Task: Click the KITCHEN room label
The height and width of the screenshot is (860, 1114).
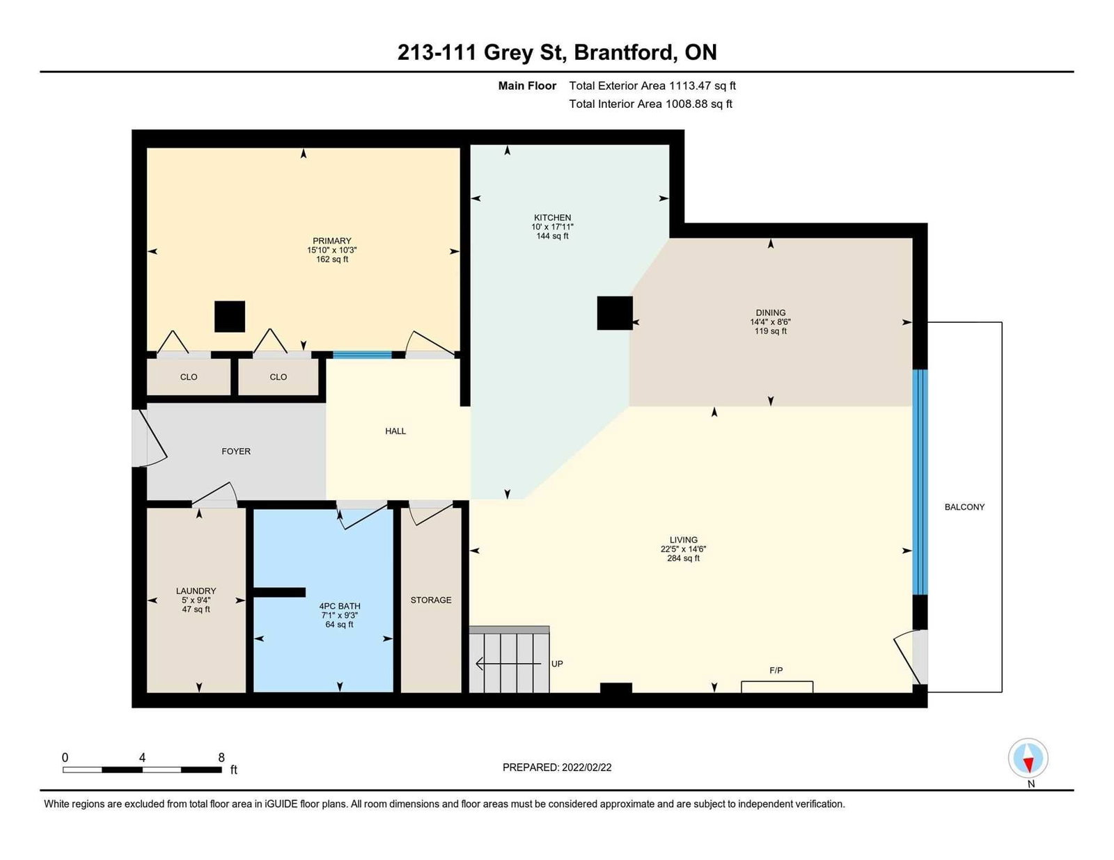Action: tap(552, 217)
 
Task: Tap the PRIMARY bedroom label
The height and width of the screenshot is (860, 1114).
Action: tap(331, 241)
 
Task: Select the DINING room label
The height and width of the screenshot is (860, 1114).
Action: tap(770, 312)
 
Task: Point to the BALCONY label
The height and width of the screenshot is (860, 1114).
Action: tap(964, 507)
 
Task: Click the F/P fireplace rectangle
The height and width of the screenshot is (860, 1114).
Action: tap(777, 687)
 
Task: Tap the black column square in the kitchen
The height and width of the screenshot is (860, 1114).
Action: tap(615, 313)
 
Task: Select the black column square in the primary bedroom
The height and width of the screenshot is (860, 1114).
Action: tap(229, 317)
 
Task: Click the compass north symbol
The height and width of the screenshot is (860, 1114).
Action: tap(1028, 758)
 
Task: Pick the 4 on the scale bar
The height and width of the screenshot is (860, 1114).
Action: tap(142, 758)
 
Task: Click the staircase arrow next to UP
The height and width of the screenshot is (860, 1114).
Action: tap(508, 664)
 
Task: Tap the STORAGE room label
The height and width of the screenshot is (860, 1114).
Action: tap(430, 600)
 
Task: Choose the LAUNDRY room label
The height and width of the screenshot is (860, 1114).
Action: tap(196, 591)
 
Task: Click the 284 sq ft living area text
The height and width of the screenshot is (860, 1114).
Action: tap(683, 558)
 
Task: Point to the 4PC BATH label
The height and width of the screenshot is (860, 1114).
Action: tap(339, 606)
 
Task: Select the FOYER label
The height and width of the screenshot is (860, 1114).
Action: tap(236, 452)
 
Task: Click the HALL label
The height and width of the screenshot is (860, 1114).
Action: tap(395, 431)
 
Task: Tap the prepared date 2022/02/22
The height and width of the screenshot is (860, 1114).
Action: tap(586, 767)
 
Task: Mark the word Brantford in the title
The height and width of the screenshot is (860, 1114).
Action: tap(622, 52)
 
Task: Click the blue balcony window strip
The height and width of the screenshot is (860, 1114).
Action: tap(920, 482)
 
